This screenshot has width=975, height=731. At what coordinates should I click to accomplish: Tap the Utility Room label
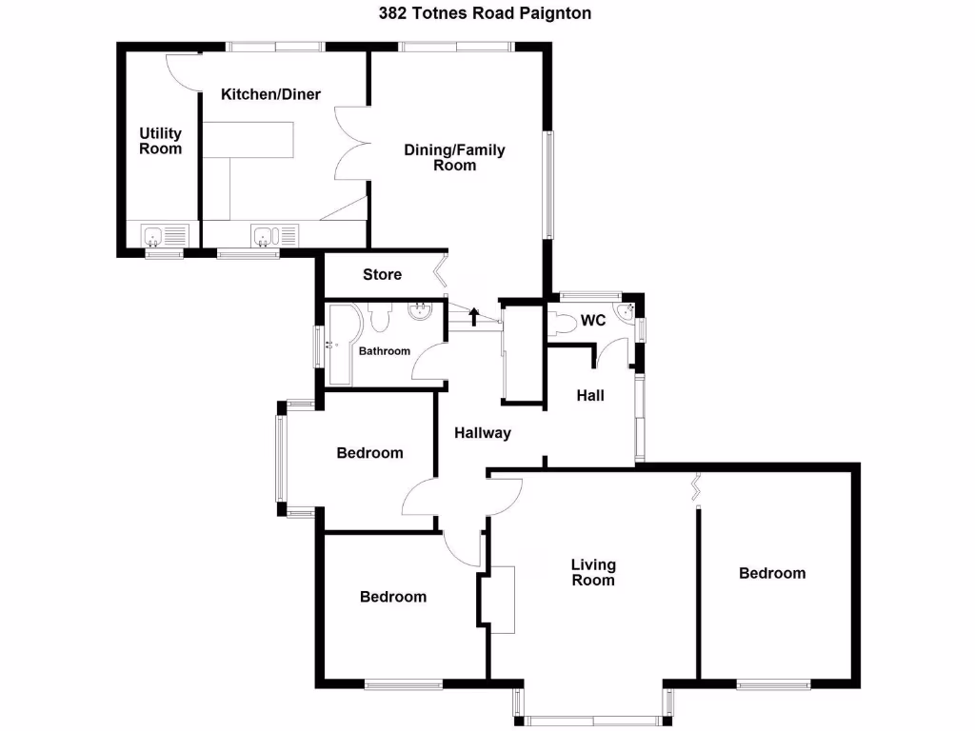pyautogui.click(x=160, y=141)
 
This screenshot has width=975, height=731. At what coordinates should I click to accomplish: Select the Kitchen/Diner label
pyautogui.click(x=270, y=94)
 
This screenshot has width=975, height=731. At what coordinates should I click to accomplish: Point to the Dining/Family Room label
pyautogui.click(x=454, y=157)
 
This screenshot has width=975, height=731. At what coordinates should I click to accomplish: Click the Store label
pyautogui.click(x=382, y=275)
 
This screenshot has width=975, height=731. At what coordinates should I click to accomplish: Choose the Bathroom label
pyautogui.click(x=384, y=351)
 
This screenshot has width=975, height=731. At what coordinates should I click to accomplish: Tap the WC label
pyautogui.click(x=593, y=321)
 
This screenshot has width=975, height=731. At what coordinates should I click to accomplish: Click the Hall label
pyautogui.click(x=590, y=395)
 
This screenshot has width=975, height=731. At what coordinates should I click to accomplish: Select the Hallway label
pyautogui.click(x=482, y=433)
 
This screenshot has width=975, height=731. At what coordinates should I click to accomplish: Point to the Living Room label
pyautogui.click(x=592, y=572)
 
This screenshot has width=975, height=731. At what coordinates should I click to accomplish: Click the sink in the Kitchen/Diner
pyautogui.click(x=264, y=234)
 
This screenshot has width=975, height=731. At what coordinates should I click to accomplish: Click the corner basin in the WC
pyautogui.click(x=625, y=315)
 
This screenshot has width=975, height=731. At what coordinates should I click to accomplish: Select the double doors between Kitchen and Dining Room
pyautogui.click(x=350, y=143)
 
